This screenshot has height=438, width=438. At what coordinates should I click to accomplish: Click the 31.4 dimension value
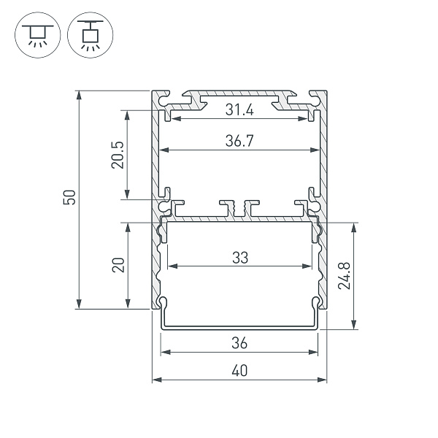(239, 110)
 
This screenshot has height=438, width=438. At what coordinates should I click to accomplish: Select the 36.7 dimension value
(239, 142)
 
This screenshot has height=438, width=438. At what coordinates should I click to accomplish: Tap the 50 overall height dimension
(70, 198)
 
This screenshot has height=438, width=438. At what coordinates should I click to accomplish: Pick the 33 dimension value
(240, 258)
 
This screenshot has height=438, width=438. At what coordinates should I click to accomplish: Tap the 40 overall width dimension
(239, 371)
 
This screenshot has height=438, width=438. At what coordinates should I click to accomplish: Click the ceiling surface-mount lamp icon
(34, 34)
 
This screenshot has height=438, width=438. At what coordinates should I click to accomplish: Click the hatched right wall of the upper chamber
(323, 153)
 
